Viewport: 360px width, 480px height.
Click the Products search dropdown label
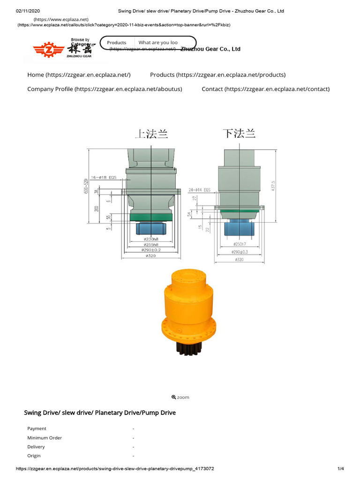[x=116, y=43]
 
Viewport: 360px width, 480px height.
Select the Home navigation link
[x=79, y=75]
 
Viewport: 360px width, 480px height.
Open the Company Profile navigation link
[x=105, y=89]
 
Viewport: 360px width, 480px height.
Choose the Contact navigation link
[x=265, y=89]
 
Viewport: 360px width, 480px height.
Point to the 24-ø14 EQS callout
[x=200, y=190]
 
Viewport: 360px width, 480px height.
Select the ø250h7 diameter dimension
[x=240, y=244]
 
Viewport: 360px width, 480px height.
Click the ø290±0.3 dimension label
[x=240, y=252]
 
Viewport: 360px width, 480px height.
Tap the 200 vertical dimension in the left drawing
[x=97, y=208]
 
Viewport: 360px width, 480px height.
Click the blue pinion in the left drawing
[x=151, y=228]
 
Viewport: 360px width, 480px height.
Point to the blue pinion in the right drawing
[x=240, y=229]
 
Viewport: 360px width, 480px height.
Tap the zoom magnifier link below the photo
[x=180, y=397]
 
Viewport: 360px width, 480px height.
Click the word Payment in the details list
[x=37, y=428]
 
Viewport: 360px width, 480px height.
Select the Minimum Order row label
[x=45, y=438]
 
